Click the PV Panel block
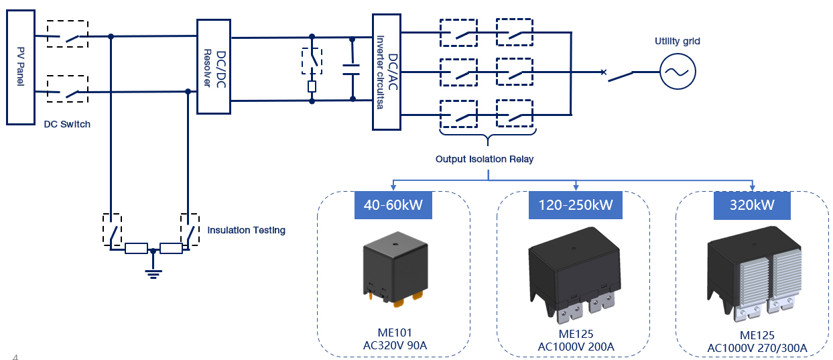pyautogui.click(x=20, y=67)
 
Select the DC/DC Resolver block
pyautogui.click(x=213, y=66)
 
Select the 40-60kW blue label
pyautogui.click(x=393, y=204)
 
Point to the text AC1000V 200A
pyautogui.click(x=576, y=347)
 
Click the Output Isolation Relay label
pyautogui.click(x=487, y=159)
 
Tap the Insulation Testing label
pyautogui.click(x=246, y=230)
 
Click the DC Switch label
pyautogui.click(x=67, y=124)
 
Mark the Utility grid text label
pyautogui.click(x=677, y=42)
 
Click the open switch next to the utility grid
pyautogui.click(x=619, y=76)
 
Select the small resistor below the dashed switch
pyautogui.click(x=312, y=86)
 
